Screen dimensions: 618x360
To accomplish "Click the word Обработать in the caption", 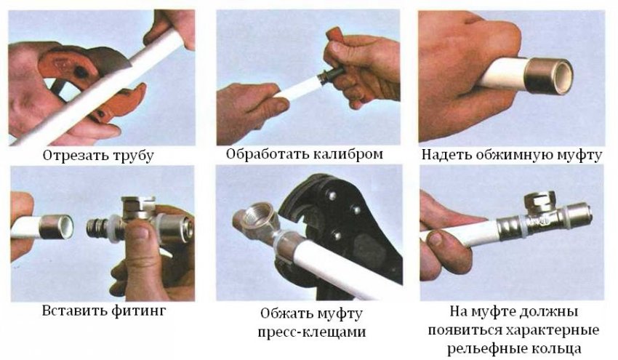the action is pyautogui.click(x=268, y=153).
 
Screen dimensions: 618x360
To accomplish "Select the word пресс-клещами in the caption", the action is pyautogui.click(x=312, y=332).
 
